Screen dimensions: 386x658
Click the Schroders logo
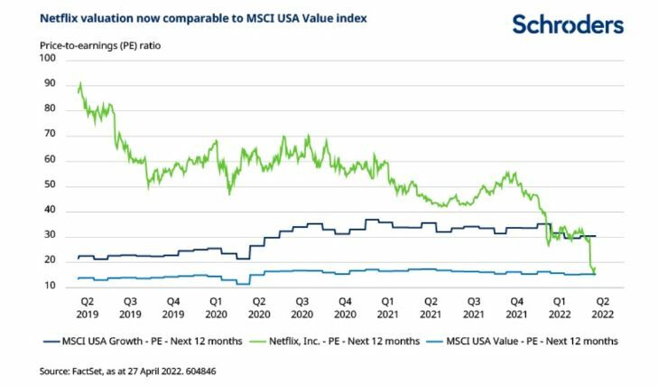pyautogui.click(x=568, y=24)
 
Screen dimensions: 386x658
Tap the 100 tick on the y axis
pyautogui.click(x=48, y=59)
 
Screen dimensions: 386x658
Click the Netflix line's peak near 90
pyautogui.click(x=81, y=84)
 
